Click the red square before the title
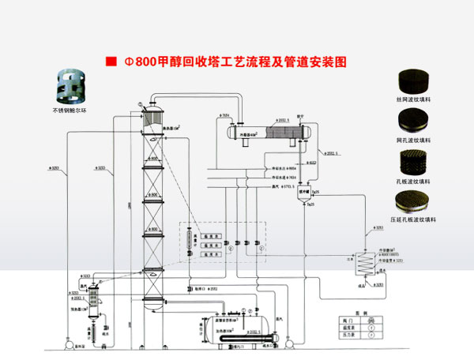pos(110,61)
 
